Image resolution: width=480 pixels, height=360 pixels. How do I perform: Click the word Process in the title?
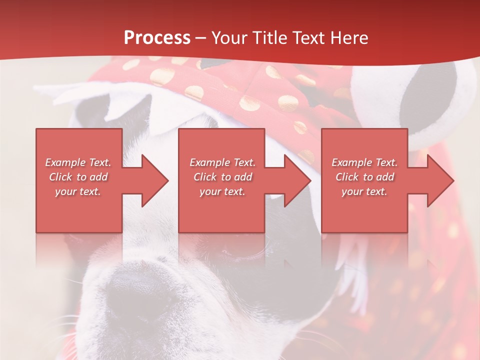(x=157, y=38)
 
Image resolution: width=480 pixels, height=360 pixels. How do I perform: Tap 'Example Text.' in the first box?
(x=78, y=162)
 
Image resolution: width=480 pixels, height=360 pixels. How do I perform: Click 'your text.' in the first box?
(x=78, y=191)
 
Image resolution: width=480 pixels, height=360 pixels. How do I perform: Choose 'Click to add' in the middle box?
(x=222, y=177)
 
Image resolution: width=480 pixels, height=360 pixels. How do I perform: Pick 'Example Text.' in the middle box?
(x=222, y=162)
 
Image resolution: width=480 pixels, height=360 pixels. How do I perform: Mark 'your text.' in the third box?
(x=364, y=191)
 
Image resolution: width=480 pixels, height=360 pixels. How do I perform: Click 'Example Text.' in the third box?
(x=364, y=162)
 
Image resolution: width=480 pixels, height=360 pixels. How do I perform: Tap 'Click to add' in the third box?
(x=364, y=177)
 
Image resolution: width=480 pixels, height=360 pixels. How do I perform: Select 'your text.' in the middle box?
(x=222, y=191)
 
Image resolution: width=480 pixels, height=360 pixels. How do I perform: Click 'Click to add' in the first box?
(x=78, y=177)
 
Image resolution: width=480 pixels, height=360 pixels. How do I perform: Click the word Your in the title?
(x=224, y=38)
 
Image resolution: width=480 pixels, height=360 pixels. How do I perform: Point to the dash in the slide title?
(x=200, y=38)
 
